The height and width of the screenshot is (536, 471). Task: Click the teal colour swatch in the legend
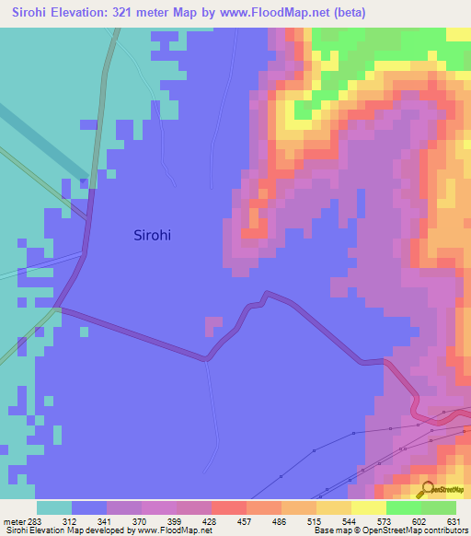tap(54, 507)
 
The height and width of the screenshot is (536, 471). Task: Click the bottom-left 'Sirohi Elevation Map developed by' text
tap(69, 530)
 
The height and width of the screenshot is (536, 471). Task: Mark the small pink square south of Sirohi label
tap(213, 324)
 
